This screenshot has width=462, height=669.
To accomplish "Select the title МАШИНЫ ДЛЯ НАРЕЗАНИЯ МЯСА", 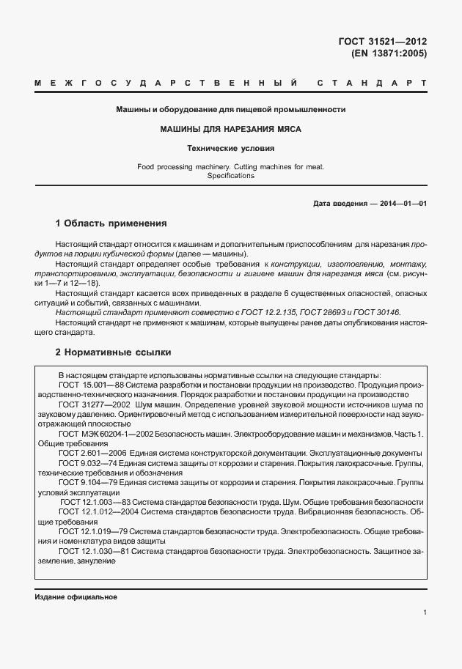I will (x=231, y=129).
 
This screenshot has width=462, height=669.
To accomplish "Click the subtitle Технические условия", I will (x=231, y=149).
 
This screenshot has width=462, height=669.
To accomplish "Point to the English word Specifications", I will (x=231, y=176).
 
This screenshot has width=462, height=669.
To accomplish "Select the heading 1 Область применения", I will (x=111, y=223).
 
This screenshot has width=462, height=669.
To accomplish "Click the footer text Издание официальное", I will (x=76, y=596).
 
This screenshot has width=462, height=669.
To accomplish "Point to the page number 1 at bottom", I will (x=425, y=612).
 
